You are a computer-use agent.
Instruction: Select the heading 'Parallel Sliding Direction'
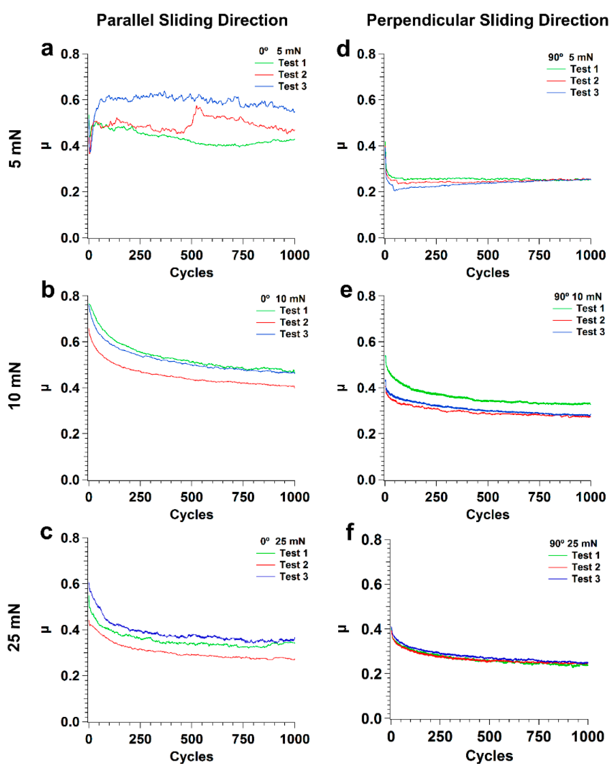(x=192, y=21)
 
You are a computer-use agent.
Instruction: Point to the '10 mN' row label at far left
(x=15, y=386)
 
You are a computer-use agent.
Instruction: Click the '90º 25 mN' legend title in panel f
(x=573, y=543)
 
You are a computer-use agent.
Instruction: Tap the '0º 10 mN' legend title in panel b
(x=283, y=298)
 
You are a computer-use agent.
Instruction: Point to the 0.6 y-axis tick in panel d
(x=366, y=100)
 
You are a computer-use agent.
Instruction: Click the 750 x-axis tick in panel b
(x=243, y=497)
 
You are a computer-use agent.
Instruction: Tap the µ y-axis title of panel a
(x=46, y=145)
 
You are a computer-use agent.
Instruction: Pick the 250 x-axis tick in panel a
(x=140, y=255)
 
